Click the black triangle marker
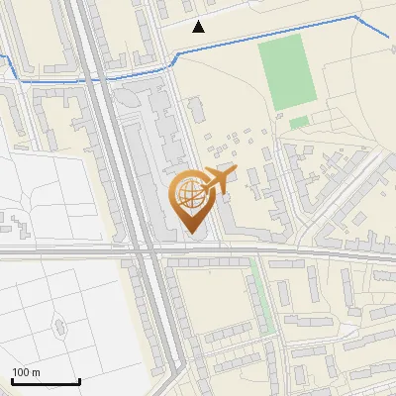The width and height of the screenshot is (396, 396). click(x=199, y=27)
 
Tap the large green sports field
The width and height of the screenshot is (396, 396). click(x=287, y=72)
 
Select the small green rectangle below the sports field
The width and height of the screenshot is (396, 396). click(x=299, y=123)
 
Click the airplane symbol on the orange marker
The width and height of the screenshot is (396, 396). click(x=220, y=179)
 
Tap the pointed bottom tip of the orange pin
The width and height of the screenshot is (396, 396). click(x=188, y=234)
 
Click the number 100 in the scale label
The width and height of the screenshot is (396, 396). click(x=21, y=372)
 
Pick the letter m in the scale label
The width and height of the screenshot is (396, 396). click(x=37, y=372)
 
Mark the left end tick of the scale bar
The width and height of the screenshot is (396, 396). click(x=12, y=381)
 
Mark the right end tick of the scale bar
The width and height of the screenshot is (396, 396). click(x=79, y=381)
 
